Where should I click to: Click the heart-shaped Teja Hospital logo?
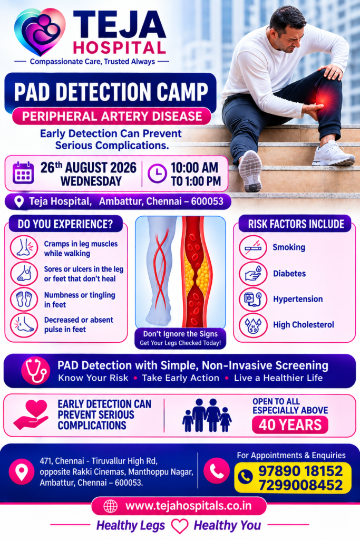tap(39, 32)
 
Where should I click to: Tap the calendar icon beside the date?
tap(23, 172)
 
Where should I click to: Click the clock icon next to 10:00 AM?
tap(157, 173)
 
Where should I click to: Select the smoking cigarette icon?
tap(253, 247)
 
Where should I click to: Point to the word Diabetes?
tap(289, 274)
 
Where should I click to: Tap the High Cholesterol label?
tap(304, 324)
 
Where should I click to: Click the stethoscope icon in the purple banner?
tap(35, 371)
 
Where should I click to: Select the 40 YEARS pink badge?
tap(290, 425)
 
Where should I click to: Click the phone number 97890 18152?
tap(300, 471)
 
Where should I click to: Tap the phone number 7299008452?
tap(300, 485)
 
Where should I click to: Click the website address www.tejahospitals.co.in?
tap(188, 506)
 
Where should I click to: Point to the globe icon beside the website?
tap(111, 506)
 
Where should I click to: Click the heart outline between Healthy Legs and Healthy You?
tap(180, 526)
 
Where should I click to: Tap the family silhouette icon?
tap(207, 416)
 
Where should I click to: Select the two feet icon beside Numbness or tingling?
tap(24, 299)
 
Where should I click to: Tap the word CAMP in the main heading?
tap(182, 92)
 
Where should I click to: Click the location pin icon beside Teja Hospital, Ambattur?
tap(19, 202)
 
